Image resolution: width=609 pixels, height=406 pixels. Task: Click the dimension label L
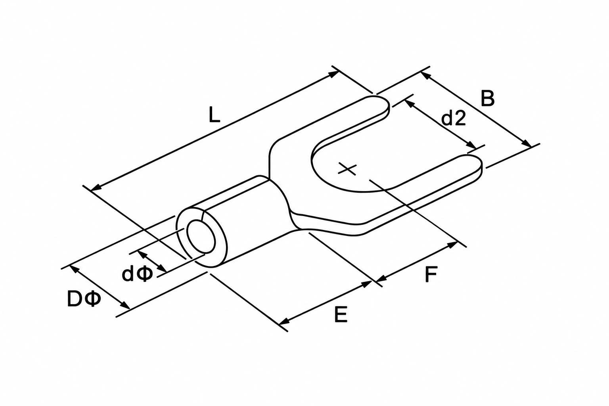point(214,115)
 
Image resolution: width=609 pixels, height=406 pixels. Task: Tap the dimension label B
point(487,98)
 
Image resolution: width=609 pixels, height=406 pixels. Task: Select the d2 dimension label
point(454,118)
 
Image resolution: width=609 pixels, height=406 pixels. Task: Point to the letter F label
point(431,274)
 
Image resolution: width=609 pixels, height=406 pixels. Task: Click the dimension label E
point(341,314)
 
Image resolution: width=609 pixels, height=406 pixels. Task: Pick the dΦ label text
point(137,273)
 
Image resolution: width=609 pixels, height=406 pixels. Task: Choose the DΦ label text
point(84,299)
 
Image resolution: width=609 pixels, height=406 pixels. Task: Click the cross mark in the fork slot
point(347,169)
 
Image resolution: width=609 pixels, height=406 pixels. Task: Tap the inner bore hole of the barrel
point(201,236)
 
